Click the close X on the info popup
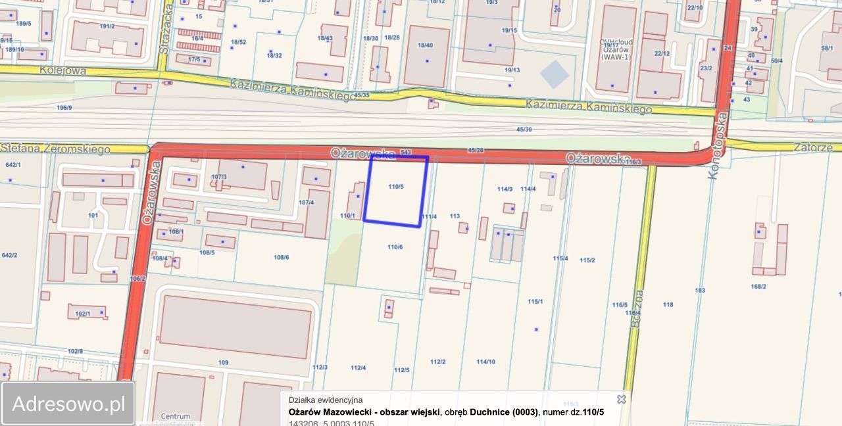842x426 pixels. [621, 399]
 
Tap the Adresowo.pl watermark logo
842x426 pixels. [68, 404]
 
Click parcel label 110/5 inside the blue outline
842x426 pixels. [395, 187]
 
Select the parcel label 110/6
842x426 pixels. [395, 247]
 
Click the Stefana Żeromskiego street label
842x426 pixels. [55, 149]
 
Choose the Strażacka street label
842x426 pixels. [164, 28]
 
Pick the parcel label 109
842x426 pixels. [223, 363]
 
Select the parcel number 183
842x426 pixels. [699, 290]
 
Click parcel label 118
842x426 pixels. [668, 304]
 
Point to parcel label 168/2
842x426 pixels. [758, 286]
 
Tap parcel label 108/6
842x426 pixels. [281, 257]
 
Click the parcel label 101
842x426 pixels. [93, 215]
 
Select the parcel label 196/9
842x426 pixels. [64, 107]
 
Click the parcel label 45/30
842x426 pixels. [524, 130]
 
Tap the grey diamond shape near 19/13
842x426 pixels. [555, 74]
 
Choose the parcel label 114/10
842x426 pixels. [485, 362]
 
